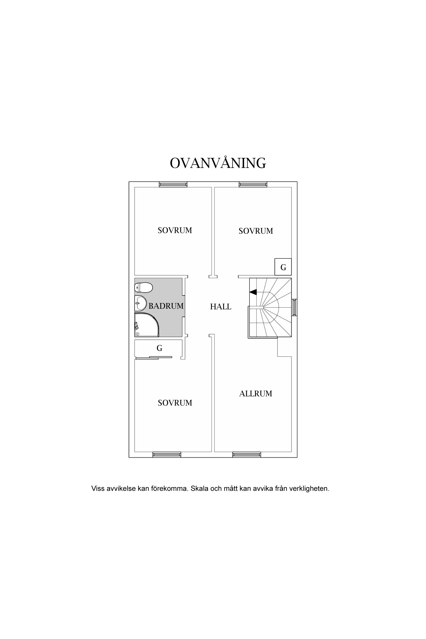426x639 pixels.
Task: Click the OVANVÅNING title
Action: click(218, 163)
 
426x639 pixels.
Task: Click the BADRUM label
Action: click(166, 306)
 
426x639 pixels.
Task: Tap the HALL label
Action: click(221, 307)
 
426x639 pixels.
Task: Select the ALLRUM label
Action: click(256, 394)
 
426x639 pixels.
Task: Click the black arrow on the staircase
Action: click(253, 292)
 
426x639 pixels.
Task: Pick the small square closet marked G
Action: click(283, 267)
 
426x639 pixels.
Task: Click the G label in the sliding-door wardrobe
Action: click(160, 348)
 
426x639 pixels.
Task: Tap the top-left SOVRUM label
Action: click(175, 230)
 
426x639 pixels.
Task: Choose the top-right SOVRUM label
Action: click(256, 231)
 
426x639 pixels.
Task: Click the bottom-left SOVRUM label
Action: click(175, 403)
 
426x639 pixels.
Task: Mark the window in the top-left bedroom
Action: click(173, 185)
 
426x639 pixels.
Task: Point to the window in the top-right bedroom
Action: click(253, 185)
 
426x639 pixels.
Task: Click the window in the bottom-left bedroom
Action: click(167, 455)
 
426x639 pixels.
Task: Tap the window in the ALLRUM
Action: click(247, 455)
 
